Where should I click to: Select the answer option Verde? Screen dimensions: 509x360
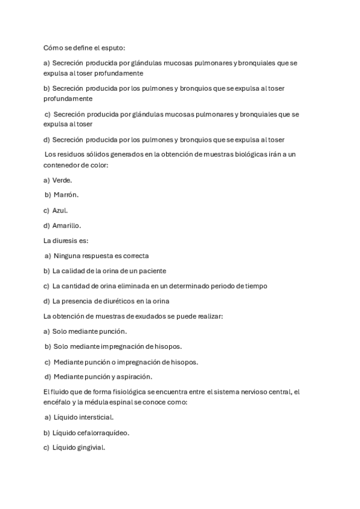pos(62,179)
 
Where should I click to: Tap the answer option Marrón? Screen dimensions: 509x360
pos(66,195)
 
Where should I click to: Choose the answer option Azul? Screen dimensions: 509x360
pos(60,211)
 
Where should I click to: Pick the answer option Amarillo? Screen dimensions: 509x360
pos(67,226)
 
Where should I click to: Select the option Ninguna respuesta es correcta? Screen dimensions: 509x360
pos(101,256)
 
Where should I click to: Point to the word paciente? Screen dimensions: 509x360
pos(151,271)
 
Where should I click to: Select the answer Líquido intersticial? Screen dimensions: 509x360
pos(83,417)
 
